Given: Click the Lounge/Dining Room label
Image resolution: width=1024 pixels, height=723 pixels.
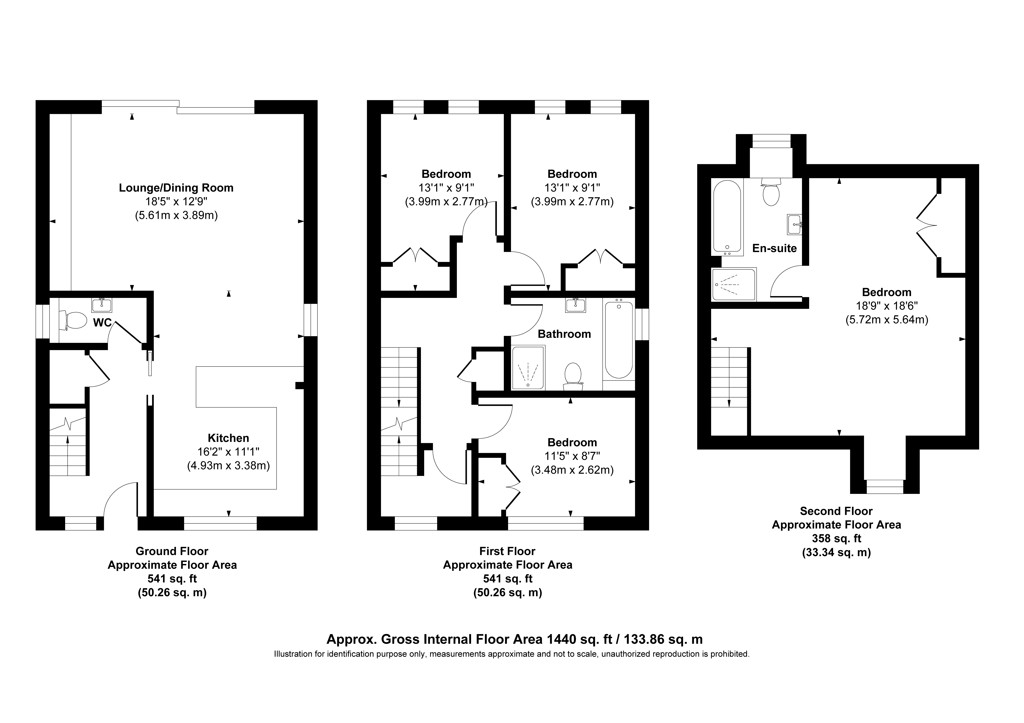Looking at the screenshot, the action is (176, 188).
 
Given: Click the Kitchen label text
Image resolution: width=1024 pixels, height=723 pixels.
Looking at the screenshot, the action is (228, 438).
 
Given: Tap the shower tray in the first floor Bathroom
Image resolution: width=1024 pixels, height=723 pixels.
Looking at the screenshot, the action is (528, 368).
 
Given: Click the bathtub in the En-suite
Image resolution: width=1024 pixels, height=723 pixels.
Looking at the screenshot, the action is (727, 218).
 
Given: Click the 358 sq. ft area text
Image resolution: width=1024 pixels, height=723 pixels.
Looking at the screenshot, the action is (836, 538).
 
